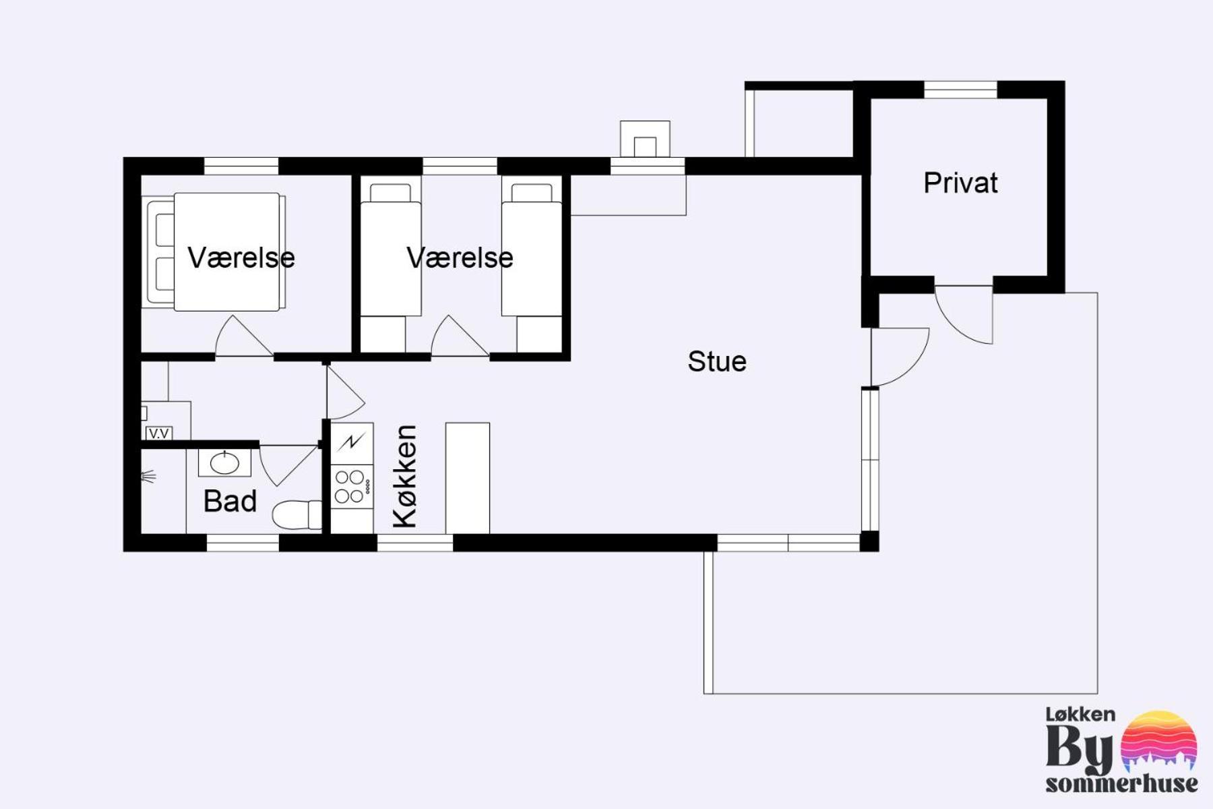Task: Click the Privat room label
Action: (960, 183)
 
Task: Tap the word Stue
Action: (717, 361)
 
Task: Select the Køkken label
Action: (405, 476)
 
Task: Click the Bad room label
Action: (230, 502)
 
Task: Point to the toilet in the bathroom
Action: (297, 514)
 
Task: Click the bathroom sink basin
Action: (224, 463)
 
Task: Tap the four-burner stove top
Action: (352, 487)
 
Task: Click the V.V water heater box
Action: (159, 433)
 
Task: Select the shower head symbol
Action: (148, 477)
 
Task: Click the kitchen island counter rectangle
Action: (468, 479)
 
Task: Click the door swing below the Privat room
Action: (964, 315)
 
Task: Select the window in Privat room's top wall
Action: (960, 90)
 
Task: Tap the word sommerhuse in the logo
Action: (1122, 783)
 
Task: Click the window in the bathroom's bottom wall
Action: (243, 543)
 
